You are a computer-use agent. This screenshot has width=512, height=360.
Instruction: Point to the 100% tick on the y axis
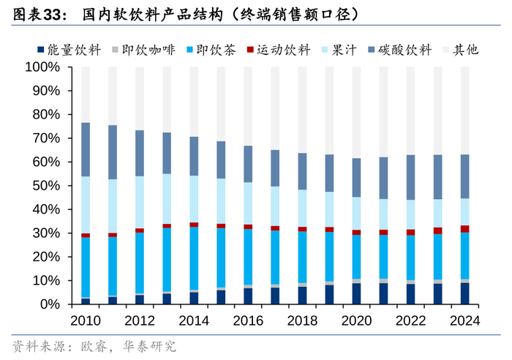click(x=45, y=67)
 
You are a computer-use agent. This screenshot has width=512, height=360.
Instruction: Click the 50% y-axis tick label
click(x=48, y=186)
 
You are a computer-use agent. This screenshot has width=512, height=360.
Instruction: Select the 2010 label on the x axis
click(x=86, y=320)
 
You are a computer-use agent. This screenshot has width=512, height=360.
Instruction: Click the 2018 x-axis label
click(x=302, y=320)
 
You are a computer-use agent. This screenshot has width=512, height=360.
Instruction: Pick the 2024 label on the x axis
click(x=464, y=320)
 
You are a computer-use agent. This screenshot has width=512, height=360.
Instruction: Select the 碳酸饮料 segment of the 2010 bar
click(x=86, y=149)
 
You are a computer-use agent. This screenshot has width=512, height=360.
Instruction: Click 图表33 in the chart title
click(x=31, y=13)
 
